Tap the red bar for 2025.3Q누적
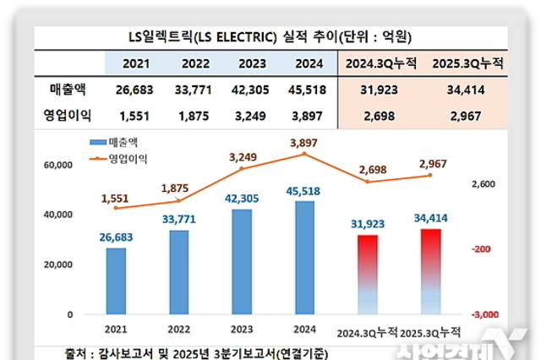[430, 270]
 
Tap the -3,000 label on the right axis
[485, 314]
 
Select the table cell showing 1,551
[135, 113]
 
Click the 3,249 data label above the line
[241, 155]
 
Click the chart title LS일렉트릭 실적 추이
[270, 37]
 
